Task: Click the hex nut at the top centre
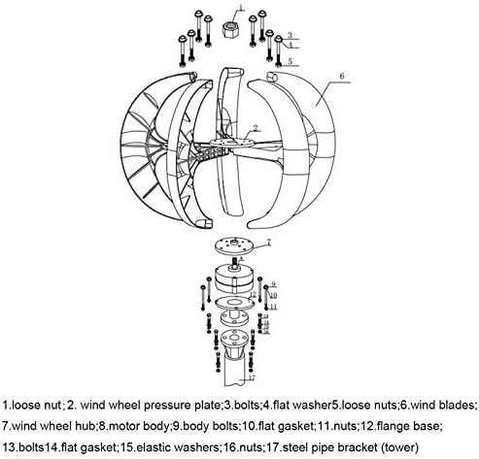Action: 231,29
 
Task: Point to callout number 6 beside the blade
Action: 342,76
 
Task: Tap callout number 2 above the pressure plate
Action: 256,128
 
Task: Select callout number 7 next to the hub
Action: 268,243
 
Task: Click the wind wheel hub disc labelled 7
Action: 234,246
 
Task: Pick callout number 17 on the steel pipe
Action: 252,377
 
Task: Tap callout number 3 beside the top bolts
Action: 290,35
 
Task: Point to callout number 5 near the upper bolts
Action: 290,61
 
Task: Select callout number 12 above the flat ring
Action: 253,294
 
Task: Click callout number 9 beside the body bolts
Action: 273,284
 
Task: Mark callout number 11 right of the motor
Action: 274,307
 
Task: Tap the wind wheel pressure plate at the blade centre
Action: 232,143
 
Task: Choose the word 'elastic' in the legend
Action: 155,447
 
